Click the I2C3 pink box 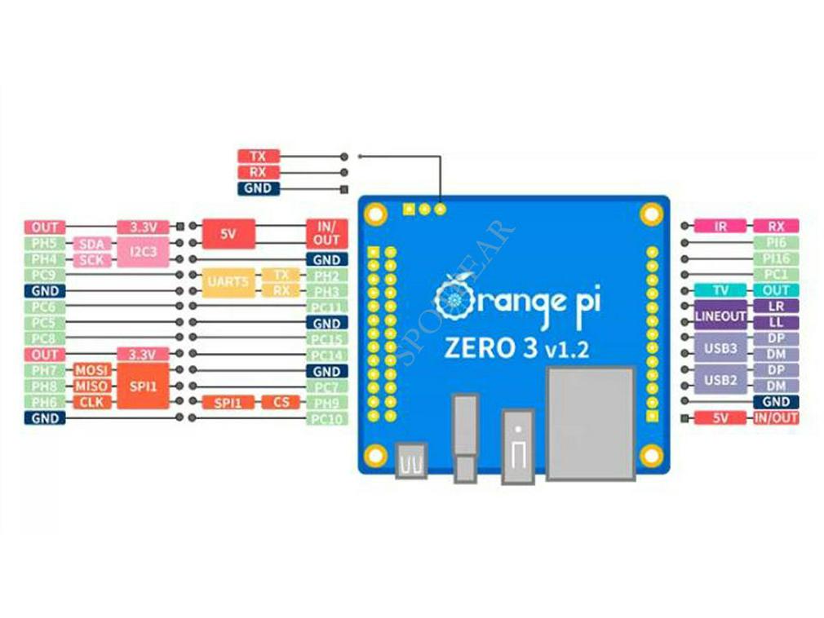(143, 251)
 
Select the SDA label (91, 244)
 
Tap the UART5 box (228, 282)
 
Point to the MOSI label (91, 370)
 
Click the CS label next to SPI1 (281, 402)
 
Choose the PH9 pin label (327, 402)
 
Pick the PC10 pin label (327, 418)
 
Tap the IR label (720, 226)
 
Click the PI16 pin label (776, 258)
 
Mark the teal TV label (720, 290)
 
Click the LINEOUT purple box (720, 315)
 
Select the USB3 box (720, 347)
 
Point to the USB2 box (720, 379)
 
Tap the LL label (776, 323)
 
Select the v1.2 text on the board (564, 350)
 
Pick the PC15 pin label (327, 338)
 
